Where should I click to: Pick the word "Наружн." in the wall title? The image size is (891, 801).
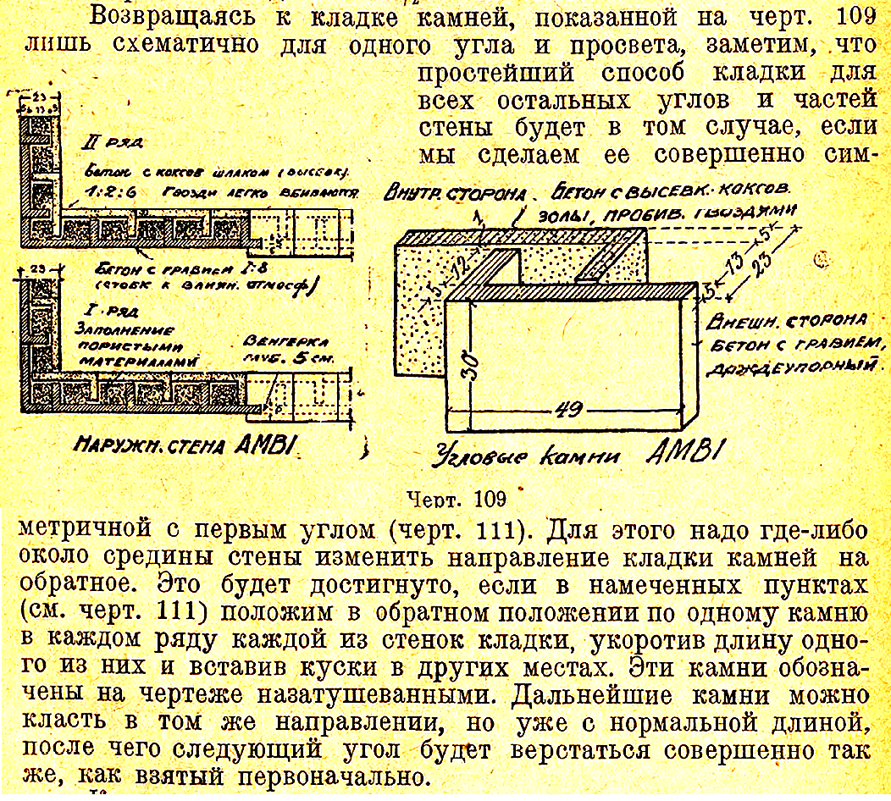pyautogui.click(x=113, y=444)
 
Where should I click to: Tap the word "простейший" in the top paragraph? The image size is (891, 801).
pyautogui.click(x=490, y=73)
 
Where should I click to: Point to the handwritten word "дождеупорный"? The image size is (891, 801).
pyautogui.click(x=795, y=369)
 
